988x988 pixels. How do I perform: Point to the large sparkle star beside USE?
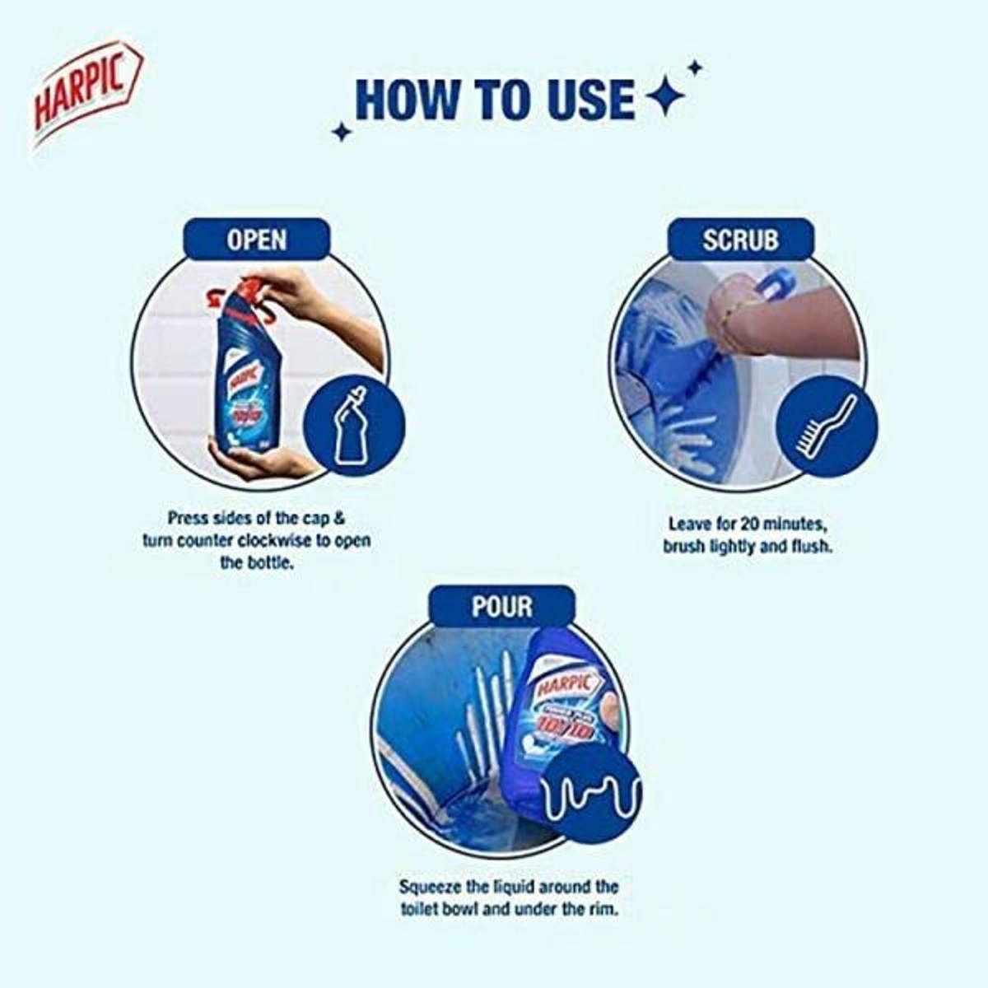tap(665, 99)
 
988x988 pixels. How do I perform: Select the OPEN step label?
tap(256, 240)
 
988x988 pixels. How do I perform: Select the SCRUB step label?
tap(740, 240)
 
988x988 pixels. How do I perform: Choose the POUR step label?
tap(501, 607)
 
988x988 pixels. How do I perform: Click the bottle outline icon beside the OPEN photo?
tap(354, 426)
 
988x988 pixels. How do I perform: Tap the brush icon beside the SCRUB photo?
tap(827, 426)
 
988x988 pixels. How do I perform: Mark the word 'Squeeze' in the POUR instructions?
tap(430, 888)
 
